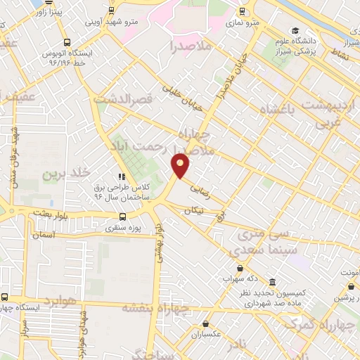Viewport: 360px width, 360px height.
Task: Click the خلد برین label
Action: (66, 173)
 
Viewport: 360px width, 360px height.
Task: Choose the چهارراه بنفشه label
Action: (156, 307)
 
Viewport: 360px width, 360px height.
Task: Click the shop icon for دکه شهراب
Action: (240, 268)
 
